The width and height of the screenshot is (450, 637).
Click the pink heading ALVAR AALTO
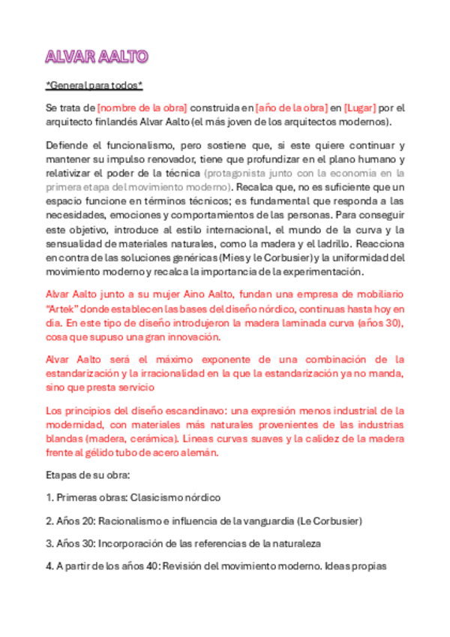coord(97,57)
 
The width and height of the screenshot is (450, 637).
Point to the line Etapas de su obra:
coord(88,475)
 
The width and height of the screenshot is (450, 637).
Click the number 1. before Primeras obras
coord(49,498)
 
